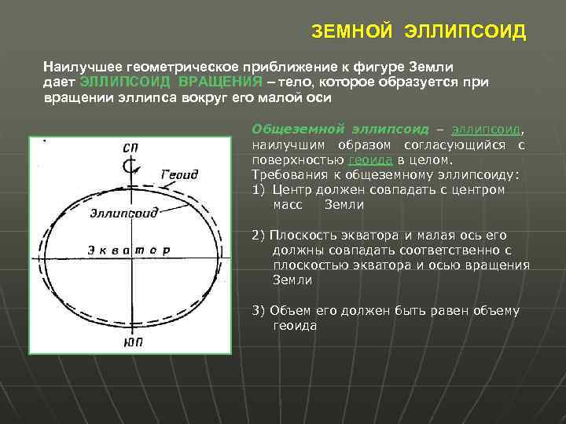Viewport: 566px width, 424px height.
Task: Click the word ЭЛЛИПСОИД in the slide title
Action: (x=465, y=32)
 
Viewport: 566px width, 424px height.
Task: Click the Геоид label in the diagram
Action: (x=178, y=174)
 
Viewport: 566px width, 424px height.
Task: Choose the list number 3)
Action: (x=259, y=310)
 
